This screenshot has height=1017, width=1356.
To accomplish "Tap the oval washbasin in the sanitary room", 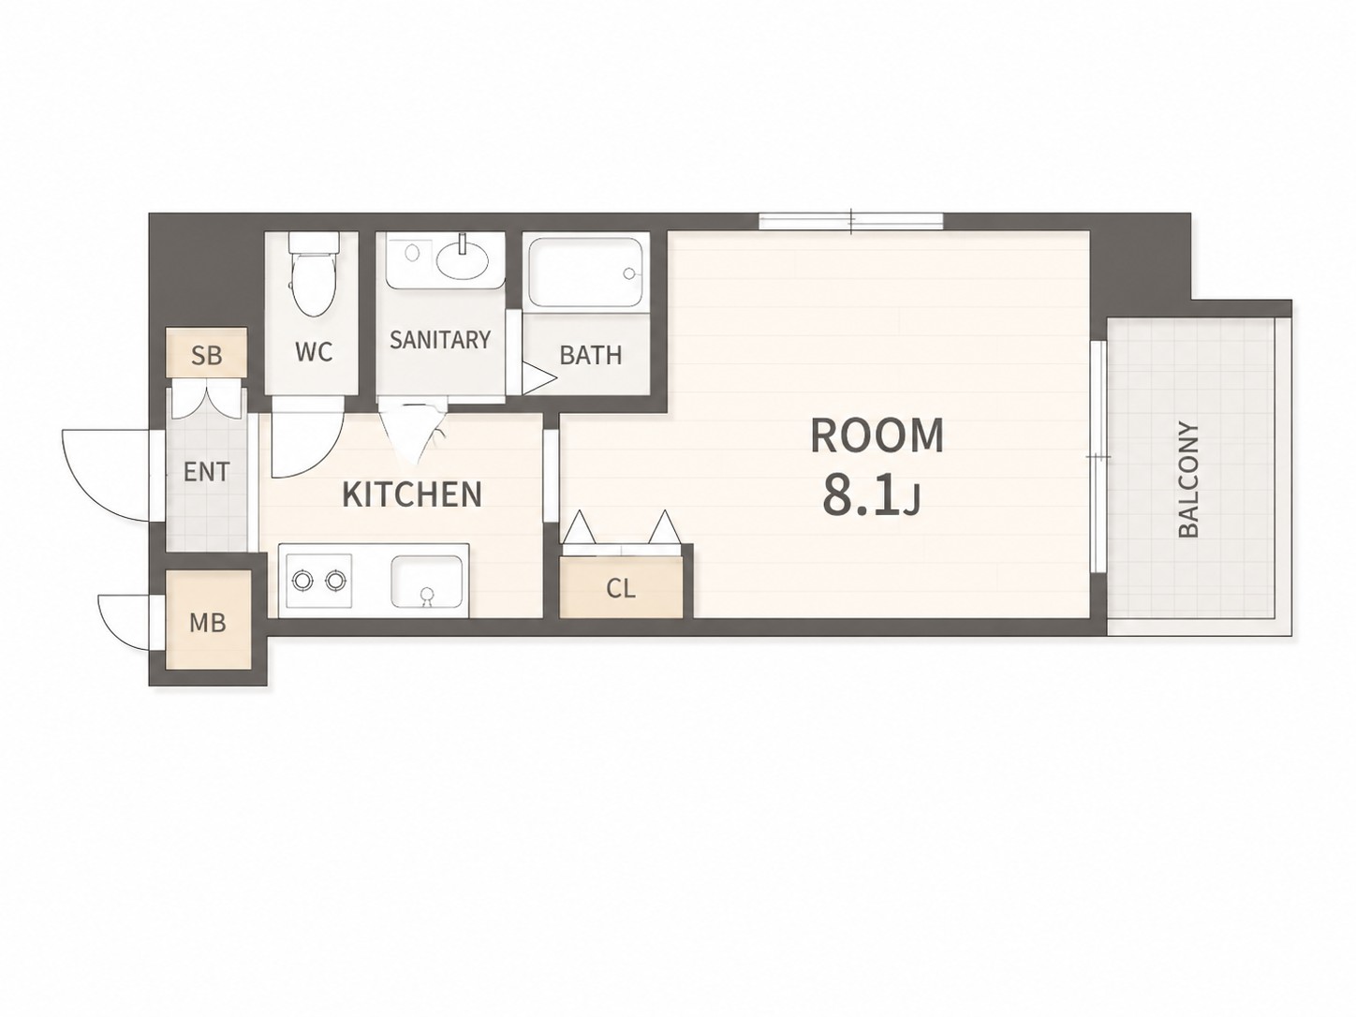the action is [x=463, y=258].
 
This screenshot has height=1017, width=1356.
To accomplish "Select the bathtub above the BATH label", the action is [x=585, y=272].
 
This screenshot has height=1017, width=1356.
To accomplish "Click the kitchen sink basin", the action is [x=427, y=582].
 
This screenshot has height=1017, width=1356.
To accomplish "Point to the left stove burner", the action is [x=302, y=581].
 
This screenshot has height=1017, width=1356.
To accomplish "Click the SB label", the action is [x=206, y=356].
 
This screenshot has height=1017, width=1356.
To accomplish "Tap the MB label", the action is [x=208, y=623].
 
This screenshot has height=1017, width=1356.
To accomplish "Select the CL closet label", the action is [x=620, y=589].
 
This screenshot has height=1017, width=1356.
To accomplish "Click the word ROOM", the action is [x=877, y=436].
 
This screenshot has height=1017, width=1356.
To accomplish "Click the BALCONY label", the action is [x=1188, y=479].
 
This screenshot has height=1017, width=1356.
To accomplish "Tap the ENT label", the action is [x=206, y=472].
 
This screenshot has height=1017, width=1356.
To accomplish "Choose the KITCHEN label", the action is [x=412, y=494].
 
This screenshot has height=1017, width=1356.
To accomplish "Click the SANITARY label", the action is [x=440, y=340].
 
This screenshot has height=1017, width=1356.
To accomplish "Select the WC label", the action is [x=314, y=352].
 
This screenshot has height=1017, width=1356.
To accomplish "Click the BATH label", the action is [x=591, y=355].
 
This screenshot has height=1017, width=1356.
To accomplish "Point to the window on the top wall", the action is [x=850, y=221].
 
